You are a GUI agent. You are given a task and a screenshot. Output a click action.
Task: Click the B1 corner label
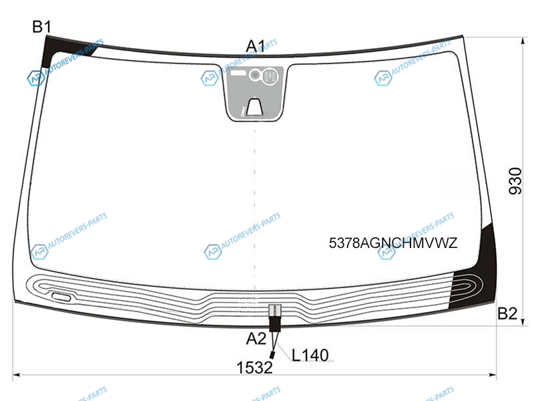pyautogui.click(x=41, y=27)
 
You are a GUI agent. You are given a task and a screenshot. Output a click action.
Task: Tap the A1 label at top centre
pyautogui.click(x=255, y=46)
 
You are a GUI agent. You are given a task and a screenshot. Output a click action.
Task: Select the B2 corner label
pyautogui.click(x=507, y=313)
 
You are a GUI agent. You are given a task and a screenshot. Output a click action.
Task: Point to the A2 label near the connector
pyautogui.click(x=256, y=339)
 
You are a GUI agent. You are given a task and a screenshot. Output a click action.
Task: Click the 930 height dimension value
pyautogui.click(x=515, y=181)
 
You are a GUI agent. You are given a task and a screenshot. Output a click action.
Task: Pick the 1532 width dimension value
pyautogui.click(x=254, y=368)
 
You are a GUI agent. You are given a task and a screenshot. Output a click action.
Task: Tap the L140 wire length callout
pyautogui.click(x=310, y=356)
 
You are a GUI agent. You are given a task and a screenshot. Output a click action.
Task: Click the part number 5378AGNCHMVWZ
pyautogui.click(x=392, y=243)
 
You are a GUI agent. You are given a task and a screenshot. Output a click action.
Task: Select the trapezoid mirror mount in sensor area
pyautogui.click(x=254, y=107)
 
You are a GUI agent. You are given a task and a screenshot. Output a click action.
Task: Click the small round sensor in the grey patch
pyautogui.click(x=254, y=75)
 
